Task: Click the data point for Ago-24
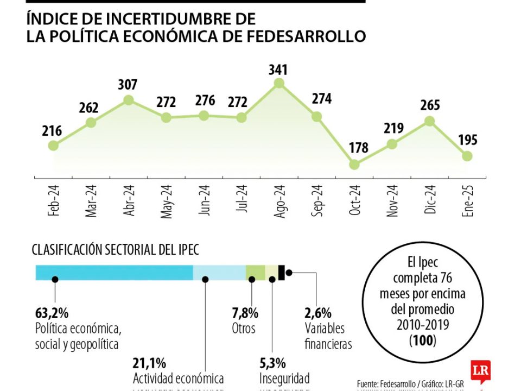click(279, 83)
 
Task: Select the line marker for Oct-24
click(354, 164)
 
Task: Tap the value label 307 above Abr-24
click(129, 85)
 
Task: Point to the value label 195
click(467, 140)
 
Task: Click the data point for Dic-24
click(430, 121)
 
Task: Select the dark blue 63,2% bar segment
click(114, 273)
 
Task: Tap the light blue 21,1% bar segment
click(219, 273)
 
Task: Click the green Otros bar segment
click(255, 273)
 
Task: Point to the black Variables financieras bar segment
click(281, 273)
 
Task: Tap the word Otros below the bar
click(244, 329)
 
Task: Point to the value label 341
click(278, 70)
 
